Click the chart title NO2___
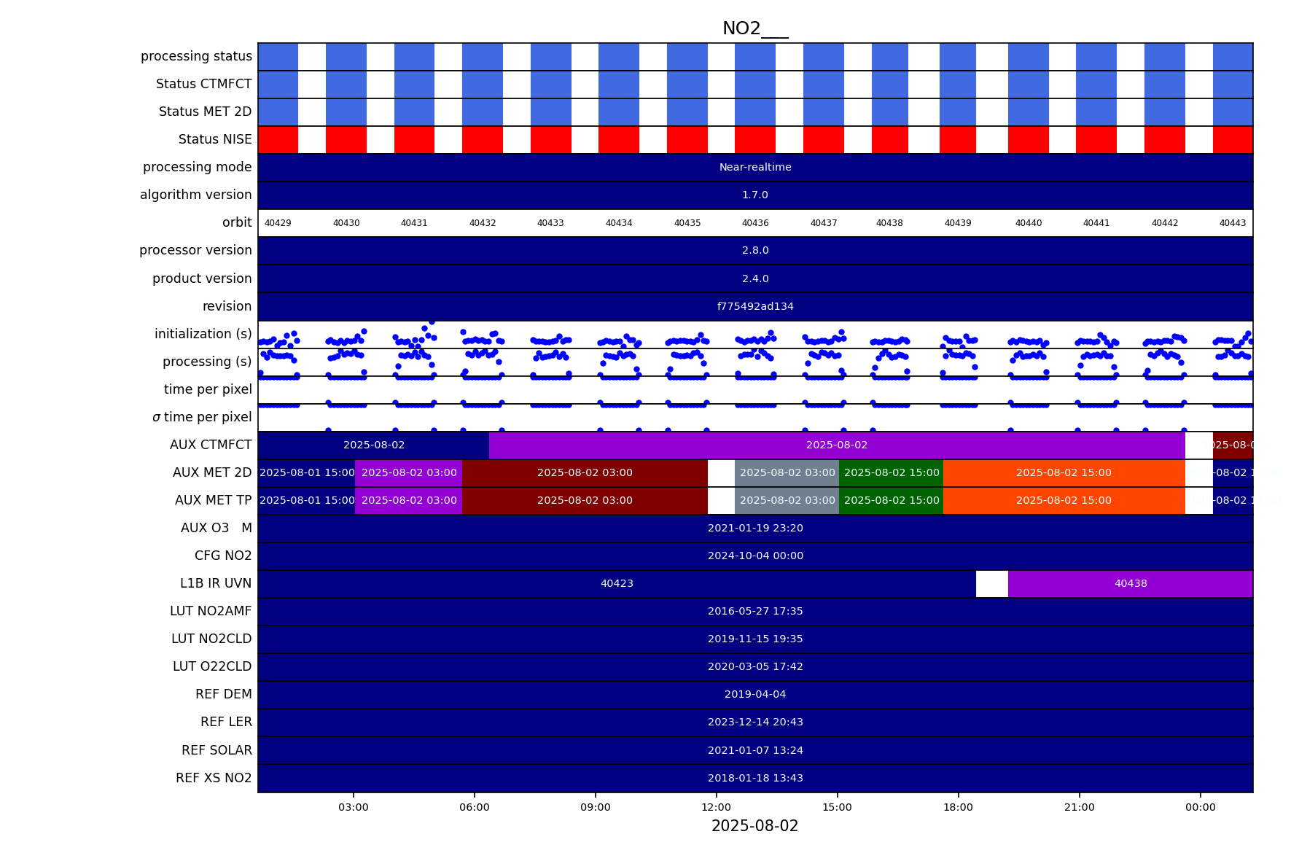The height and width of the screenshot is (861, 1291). coord(754,28)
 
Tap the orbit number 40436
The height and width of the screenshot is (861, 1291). coord(755,223)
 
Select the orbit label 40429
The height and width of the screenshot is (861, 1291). coord(278,223)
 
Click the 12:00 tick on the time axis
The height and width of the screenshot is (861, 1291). coord(716,807)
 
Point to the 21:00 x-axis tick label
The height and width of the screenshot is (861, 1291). coord(1079,807)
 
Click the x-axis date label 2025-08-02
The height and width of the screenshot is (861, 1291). coord(754,826)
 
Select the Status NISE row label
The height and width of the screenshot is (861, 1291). coord(215,139)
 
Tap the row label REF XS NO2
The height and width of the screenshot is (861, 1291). coord(214,778)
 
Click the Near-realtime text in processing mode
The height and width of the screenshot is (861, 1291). coord(755,167)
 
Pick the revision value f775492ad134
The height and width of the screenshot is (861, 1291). coord(755,306)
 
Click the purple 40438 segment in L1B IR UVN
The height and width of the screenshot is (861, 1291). coord(1130,583)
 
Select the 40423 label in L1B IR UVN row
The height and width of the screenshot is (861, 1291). coord(617,583)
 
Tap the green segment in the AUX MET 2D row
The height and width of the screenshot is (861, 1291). coord(891,472)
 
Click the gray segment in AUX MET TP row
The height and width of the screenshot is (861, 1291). coord(787,500)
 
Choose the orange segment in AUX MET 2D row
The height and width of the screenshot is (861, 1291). coord(1064,472)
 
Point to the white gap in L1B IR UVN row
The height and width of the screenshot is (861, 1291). coord(992,583)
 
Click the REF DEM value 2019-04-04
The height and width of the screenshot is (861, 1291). coord(755,694)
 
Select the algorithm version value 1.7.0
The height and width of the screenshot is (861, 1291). coord(755,195)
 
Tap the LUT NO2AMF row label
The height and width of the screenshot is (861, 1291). coord(211,611)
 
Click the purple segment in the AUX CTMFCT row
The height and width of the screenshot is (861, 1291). coord(837,445)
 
